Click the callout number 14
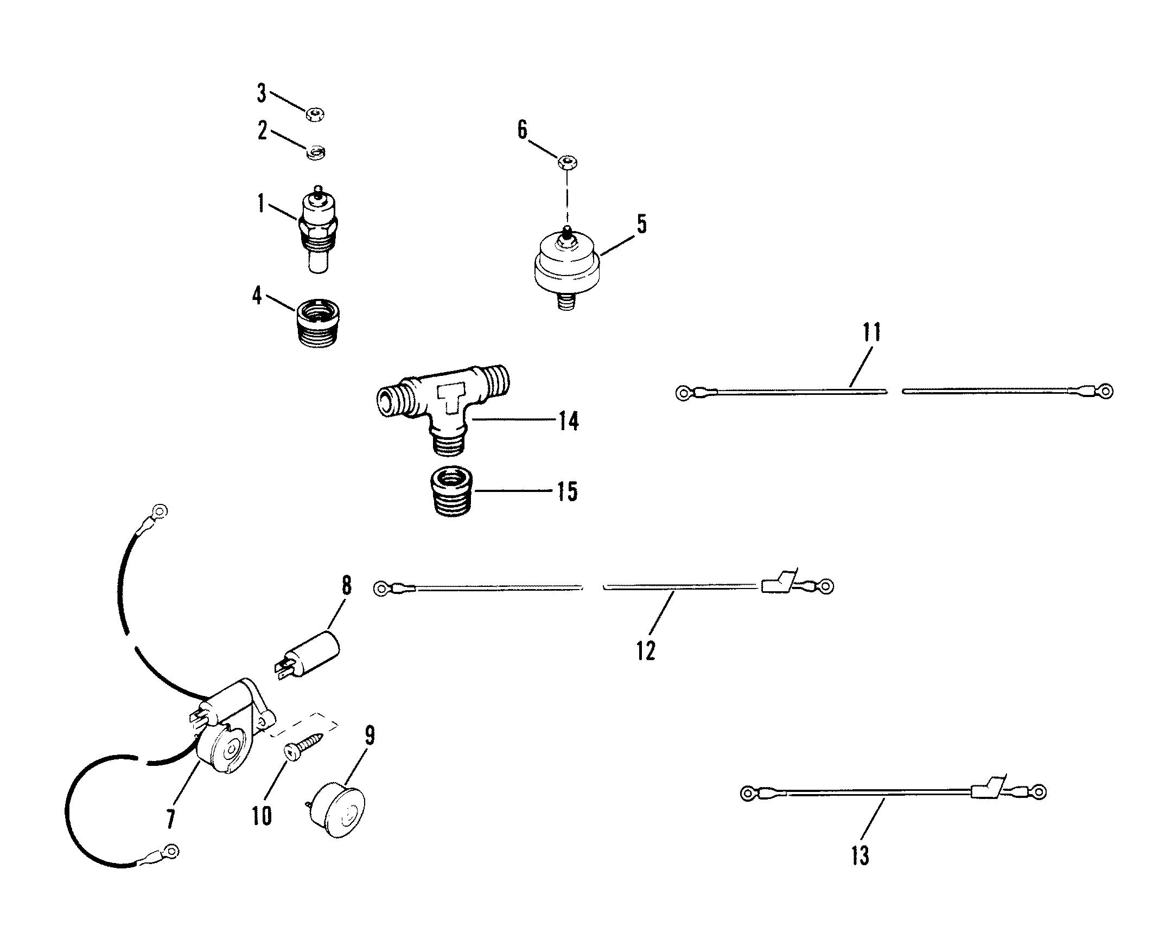coord(568,421)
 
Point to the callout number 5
coord(642,223)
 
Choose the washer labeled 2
coord(315,152)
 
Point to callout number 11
coord(871,332)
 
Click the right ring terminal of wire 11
coord(1104,391)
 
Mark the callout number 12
coord(646,650)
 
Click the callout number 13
coord(860,856)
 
